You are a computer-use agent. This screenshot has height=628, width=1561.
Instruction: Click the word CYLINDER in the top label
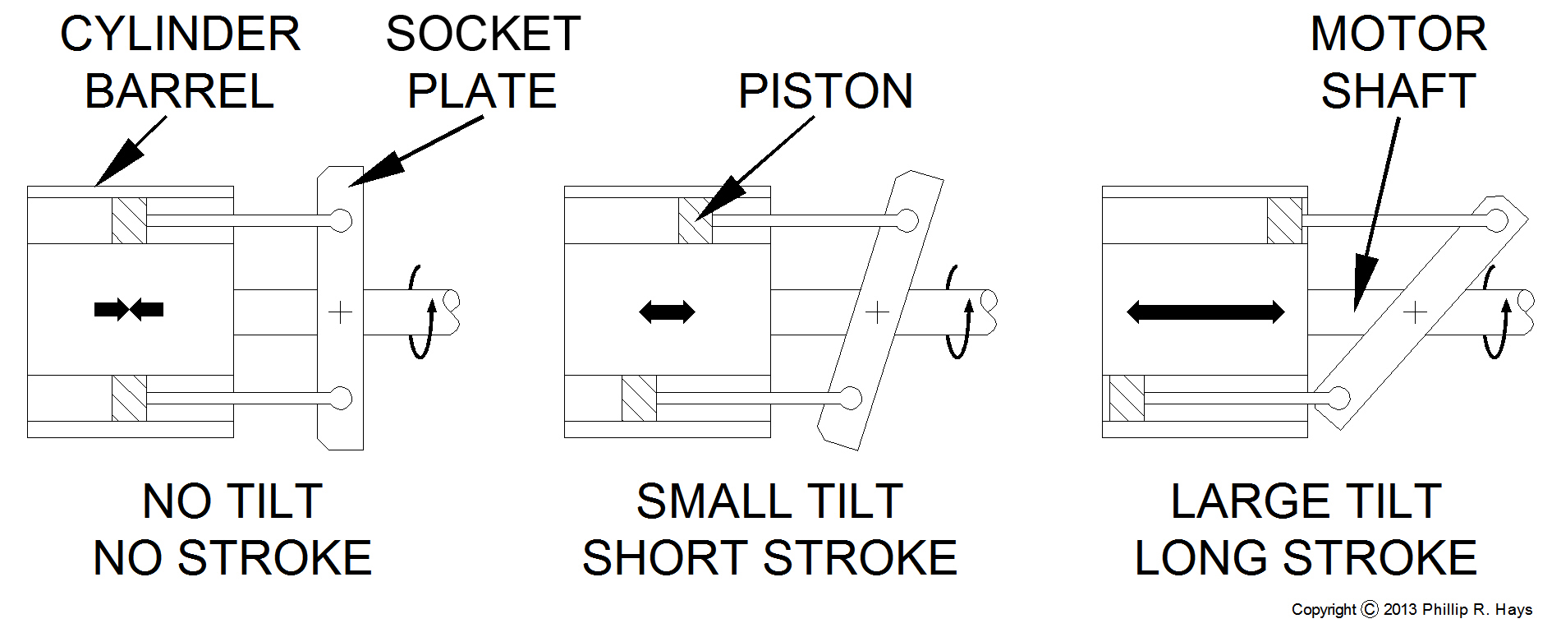tap(180, 35)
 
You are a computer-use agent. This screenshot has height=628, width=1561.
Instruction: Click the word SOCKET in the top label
tap(483, 35)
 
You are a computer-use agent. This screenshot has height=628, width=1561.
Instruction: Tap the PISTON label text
tap(825, 91)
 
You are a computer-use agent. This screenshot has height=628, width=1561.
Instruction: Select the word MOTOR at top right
tap(1398, 35)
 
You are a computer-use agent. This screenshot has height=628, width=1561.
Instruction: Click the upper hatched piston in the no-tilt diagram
tap(129, 220)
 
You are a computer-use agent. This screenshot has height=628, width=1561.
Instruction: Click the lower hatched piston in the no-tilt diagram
tap(129, 399)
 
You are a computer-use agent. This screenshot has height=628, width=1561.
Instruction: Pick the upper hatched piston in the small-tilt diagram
tap(696, 220)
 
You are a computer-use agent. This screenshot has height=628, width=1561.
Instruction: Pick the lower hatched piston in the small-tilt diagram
tap(639, 399)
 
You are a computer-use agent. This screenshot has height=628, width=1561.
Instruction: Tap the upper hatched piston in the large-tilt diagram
tap(1285, 220)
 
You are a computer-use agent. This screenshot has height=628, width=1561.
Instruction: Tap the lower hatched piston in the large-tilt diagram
tap(1127, 399)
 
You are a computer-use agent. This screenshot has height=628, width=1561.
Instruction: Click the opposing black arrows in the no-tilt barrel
tap(129, 310)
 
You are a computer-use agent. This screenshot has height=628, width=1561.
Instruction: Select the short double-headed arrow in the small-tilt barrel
tap(667, 312)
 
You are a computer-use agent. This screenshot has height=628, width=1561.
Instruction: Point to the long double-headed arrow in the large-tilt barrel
tap(1205, 312)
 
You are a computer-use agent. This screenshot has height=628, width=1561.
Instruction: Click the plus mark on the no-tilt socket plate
tap(340, 312)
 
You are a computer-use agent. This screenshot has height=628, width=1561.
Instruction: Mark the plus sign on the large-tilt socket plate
tap(1415, 312)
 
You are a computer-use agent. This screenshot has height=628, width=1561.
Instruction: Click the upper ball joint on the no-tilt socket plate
tap(342, 220)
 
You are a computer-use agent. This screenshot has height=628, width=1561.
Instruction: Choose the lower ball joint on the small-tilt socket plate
tap(852, 399)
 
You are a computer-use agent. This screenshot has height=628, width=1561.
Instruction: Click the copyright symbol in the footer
tap(1370, 609)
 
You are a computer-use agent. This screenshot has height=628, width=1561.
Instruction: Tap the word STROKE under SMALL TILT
tap(851, 558)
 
